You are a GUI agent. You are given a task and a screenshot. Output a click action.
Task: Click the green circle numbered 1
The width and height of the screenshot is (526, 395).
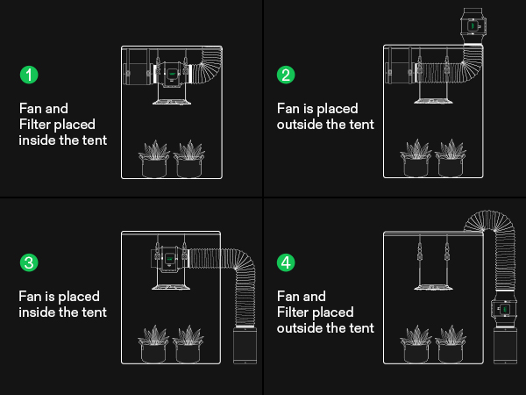point(30,75)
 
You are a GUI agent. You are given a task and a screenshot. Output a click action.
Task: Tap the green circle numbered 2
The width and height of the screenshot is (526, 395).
point(286,75)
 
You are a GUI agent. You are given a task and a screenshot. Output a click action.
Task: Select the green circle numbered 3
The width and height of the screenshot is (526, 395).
point(30,262)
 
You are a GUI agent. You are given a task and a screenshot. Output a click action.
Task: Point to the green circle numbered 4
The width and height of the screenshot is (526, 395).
point(286,262)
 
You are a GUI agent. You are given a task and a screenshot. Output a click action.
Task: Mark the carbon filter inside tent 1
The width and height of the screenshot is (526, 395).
point(135,71)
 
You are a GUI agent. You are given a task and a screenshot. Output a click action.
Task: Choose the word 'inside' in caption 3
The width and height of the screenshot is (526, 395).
point(38,312)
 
